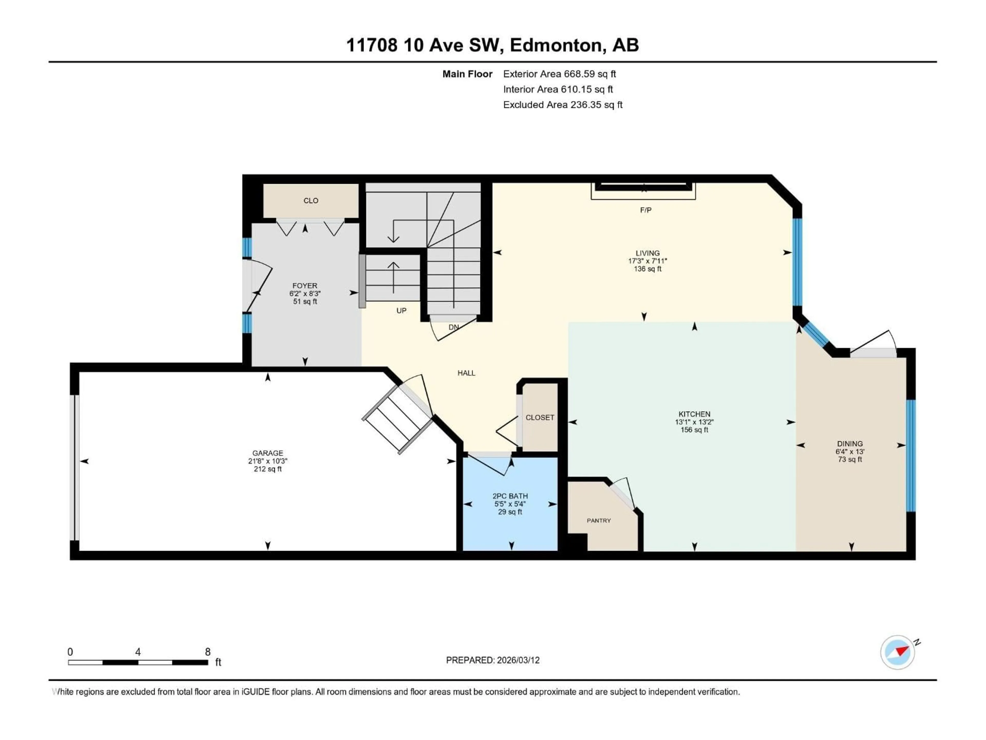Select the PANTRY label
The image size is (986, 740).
pos(599,521)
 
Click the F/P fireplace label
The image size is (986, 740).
pos(646,210)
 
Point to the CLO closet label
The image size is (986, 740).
pos(311,201)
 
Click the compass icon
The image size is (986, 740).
pos(897,652)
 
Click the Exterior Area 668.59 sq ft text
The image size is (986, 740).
pos(560,74)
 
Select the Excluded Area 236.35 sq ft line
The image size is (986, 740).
pos(563,105)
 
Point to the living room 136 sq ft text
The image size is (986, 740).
pos(647,269)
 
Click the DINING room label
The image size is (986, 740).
pos(850,443)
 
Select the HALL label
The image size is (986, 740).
pos(466,373)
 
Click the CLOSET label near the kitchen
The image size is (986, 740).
pos(540,418)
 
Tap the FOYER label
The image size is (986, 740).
pos(305,285)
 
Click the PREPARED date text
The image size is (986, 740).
pos(492,660)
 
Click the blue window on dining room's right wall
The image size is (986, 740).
pos(911,455)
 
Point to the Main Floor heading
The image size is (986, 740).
pos(467,74)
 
